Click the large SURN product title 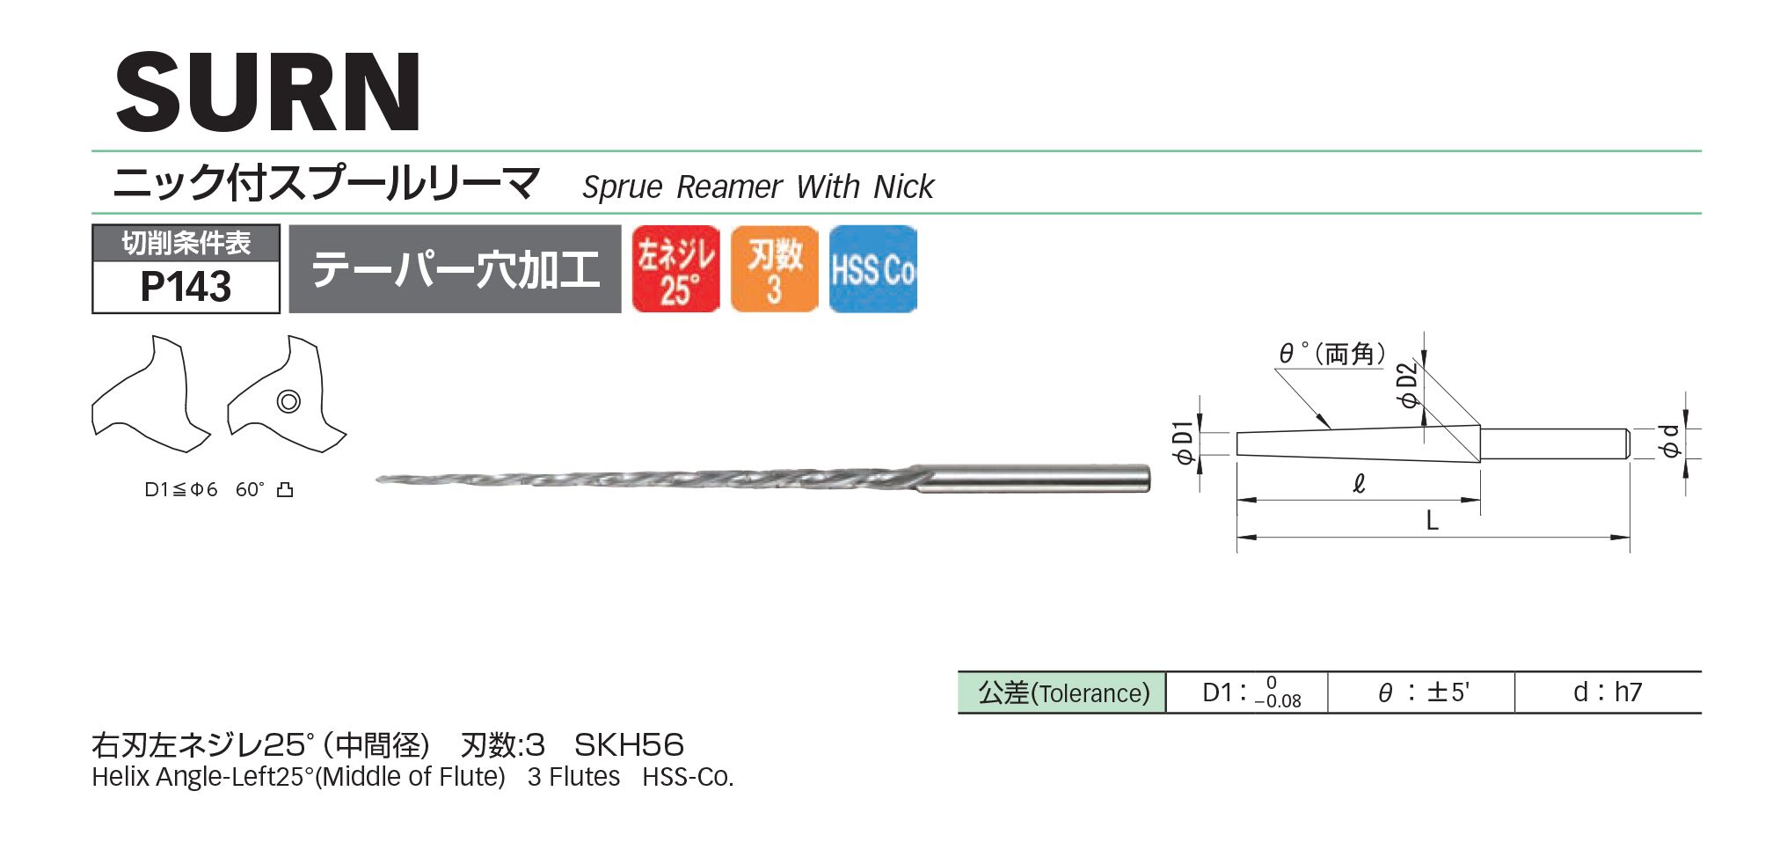pyautogui.click(x=268, y=92)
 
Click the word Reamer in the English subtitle pyautogui.click(x=729, y=187)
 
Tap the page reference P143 pyautogui.click(x=186, y=287)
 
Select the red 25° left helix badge pyautogui.click(x=675, y=269)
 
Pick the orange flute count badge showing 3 pyautogui.click(x=774, y=269)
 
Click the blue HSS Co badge pyautogui.click(x=872, y=269)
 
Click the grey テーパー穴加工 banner pyautogui.click(x=455, y=269)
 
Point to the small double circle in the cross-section pyautogui.click(x=288, y=402)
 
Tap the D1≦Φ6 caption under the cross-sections pyautogui.click(x=180, y=490)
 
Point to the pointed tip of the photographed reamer pyautogui.click(x=380, y=480)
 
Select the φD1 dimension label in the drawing pyautogui.click(x=1183, y=443)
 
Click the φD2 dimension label pyautogui.click(x=1408, y=385)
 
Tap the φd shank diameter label pyautogui.click(x=1670, y=441)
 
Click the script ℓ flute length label pyautogui.click(x=1359, y=484)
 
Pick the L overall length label pyautogui.click(x=1432, y=521)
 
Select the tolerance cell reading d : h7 pyautogui.click(x=1607, y=692)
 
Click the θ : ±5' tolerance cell pyautogui.click(x=1422, y=692)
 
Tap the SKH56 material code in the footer pyautogui.click(x=629, y=745)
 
